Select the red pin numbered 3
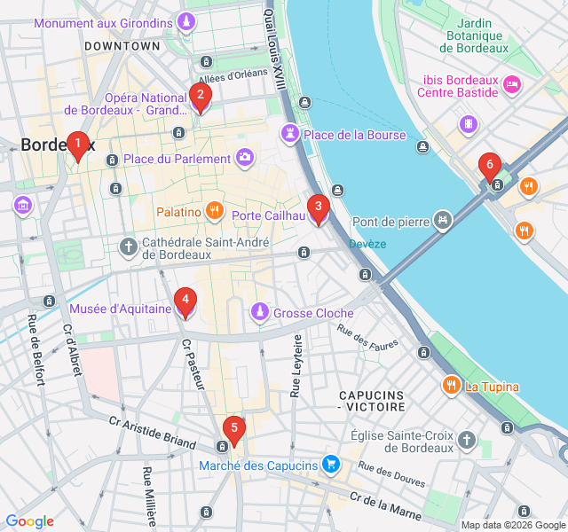[x=318, y=209]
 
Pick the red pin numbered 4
[x=185, y=302]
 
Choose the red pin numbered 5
[x=233, y=430]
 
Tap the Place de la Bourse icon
[x=290, y=135]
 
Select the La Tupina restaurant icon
[x=452, y=386]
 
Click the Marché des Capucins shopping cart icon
[x=331, y=465]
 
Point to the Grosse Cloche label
[x=313, y=313]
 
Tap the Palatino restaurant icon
[x=214, y=212]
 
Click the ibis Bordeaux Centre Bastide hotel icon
[x=511, y=84]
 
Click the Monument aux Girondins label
[x=103, y=22]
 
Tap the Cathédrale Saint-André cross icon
[x=129, y=246]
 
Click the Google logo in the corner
[x=29, y=521]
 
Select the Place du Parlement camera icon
[x=245, y=159]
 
